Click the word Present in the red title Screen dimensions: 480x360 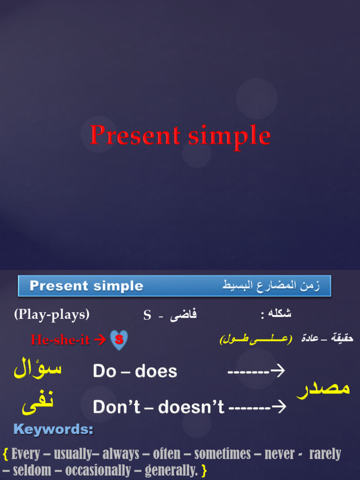135,136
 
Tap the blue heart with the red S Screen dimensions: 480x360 119,340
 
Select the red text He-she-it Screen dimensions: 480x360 60,340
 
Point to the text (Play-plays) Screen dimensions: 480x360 52,314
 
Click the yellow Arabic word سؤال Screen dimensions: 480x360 37,368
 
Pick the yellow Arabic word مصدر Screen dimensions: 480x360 323,389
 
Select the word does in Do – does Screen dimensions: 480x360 156,371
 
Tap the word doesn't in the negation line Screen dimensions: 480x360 191,406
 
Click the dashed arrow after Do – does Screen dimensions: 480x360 256,371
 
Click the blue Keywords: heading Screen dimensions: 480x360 53,429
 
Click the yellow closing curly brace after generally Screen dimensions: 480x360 204,470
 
